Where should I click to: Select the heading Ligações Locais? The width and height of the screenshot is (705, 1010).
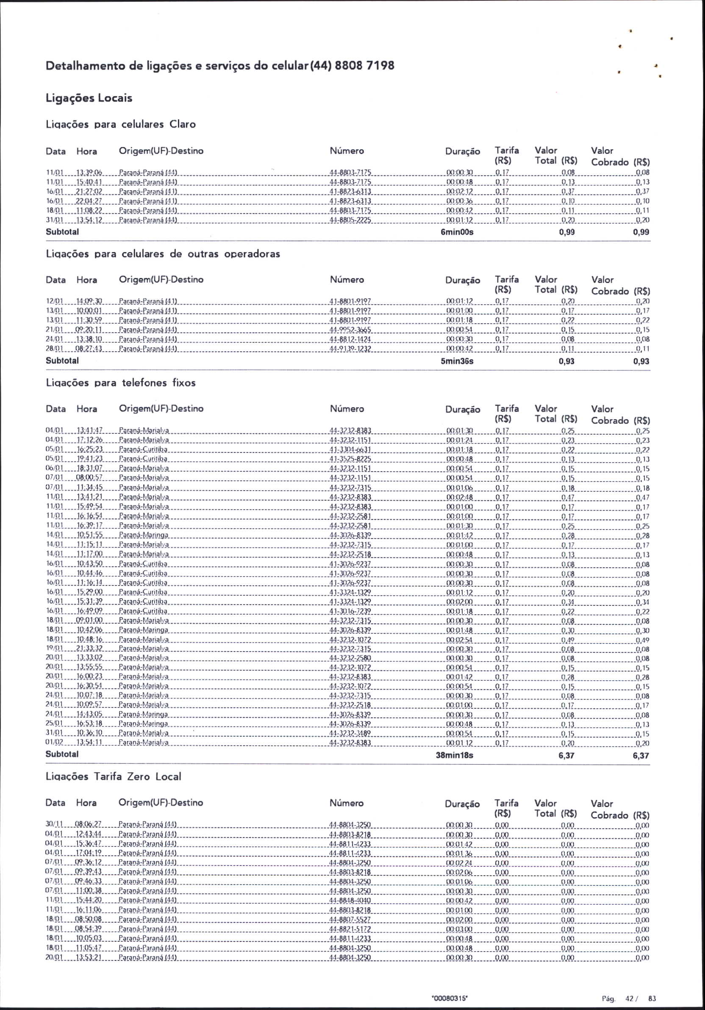[x=89, y=98]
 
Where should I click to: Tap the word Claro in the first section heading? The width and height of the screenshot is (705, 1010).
[x=183, y=125]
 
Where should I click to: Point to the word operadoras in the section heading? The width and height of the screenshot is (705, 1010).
[x=252, y=254]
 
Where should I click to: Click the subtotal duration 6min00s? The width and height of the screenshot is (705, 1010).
[x=457, y=232]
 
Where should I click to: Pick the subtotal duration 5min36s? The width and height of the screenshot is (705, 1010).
[x=457, y=361]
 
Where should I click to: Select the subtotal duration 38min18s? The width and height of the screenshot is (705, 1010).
[x=454, y=755]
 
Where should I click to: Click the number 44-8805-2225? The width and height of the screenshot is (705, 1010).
[x=350, y=220]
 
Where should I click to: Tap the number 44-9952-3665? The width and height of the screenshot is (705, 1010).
[x=350, y=330]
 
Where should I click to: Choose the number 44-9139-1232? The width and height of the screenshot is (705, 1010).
[x=350, y=349]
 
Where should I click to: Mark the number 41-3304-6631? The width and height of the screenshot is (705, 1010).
[x=350, y=450]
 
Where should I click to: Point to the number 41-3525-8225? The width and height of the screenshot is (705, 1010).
[x=350, y=459]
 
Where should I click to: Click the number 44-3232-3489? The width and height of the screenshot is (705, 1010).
[x=350, y=733]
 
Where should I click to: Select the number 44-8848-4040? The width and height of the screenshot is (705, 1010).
[x=350, y=900]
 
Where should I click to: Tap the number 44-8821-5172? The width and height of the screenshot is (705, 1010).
[x=350, y=929]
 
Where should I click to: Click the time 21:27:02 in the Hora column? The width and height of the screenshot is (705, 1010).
[x=89, y=191]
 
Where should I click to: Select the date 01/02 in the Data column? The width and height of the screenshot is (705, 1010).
[x=55, y=743]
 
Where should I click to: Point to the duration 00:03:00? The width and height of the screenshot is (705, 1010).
[x=459, y=929]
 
